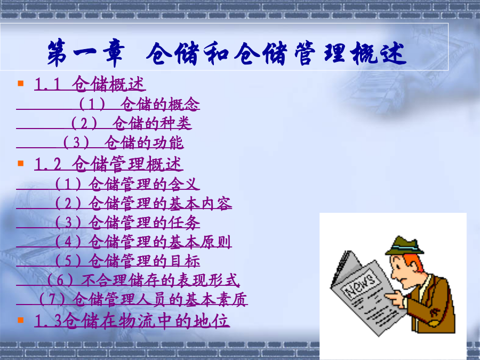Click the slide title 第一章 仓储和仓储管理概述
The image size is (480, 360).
[x=227, y=53]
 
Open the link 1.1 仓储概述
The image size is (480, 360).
[x=90, y=84]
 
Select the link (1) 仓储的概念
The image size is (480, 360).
[x=139, y=104]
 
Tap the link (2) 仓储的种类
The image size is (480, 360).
[x=131, y=123]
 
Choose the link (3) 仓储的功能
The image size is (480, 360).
[x=123, y=142]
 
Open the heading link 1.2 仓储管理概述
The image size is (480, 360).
[x=109, y=164]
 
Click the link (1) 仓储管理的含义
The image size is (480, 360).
[x=127, y=184]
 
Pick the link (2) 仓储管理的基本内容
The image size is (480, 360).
[x=143, y=203]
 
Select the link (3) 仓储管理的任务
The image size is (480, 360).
[x=127, y=222]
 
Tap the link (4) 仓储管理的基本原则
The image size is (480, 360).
[x=143, y=242]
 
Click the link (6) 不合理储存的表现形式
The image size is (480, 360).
[x=143, y=280]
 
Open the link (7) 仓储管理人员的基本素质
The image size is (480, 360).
[x=143, y=299]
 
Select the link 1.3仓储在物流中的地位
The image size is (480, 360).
[x=132, y=321]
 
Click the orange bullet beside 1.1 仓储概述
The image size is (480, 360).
[x=21, y=83]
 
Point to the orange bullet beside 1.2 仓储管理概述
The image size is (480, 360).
[x=21, y=163]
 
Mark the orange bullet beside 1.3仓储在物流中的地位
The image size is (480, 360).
[x=21, y=320]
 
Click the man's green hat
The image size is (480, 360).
[x=405, y=246]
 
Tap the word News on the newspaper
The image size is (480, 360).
[x=360, y=285]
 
